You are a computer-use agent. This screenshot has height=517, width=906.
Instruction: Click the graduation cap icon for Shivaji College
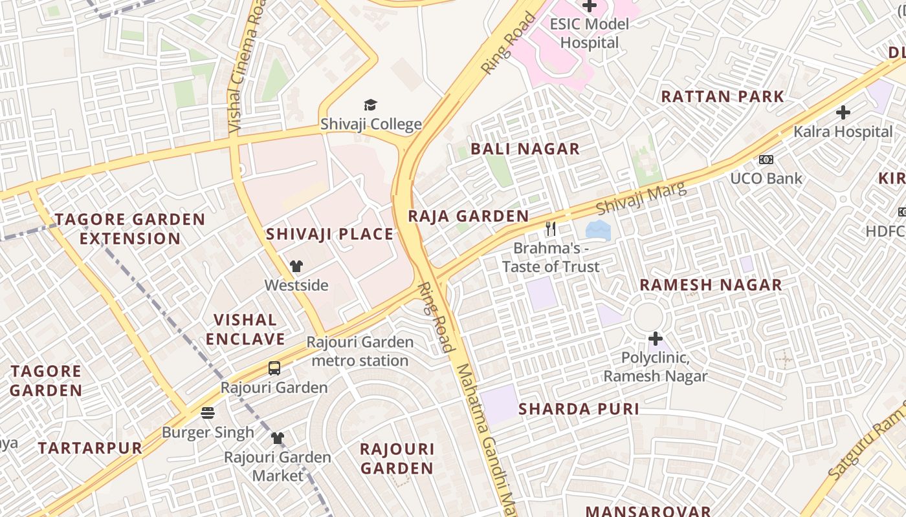(370, 105)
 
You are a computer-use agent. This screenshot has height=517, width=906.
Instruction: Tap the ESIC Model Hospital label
(589, 34)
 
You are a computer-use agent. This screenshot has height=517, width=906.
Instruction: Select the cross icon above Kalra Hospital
(843, 112)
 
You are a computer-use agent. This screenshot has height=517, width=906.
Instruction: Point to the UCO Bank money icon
(766, 160)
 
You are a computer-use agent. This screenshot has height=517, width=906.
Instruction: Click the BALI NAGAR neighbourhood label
(525, 149)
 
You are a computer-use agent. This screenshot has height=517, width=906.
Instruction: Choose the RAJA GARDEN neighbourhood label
(468, 216)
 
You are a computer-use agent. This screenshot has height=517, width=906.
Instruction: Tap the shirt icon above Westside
(296, 266)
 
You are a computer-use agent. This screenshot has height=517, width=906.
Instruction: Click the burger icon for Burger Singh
(208, 412)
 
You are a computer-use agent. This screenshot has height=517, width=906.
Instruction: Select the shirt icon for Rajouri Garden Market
(278, 438)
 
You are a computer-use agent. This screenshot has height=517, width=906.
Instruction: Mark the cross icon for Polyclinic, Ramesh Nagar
(656, 338)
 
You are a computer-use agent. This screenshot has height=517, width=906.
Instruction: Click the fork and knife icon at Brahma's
(551, 228)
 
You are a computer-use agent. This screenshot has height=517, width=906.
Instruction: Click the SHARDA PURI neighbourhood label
(579, 409)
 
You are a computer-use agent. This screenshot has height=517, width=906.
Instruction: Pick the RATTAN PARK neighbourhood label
(722, 97)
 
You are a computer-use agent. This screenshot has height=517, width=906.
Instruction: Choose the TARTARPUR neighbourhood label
(90, 448)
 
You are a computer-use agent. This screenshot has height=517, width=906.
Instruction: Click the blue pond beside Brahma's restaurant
(597, 229)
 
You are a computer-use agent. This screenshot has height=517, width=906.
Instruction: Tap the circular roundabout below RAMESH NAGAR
(648, 317)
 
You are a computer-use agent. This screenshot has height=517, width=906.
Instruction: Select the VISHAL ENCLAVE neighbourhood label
(245, 330)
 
